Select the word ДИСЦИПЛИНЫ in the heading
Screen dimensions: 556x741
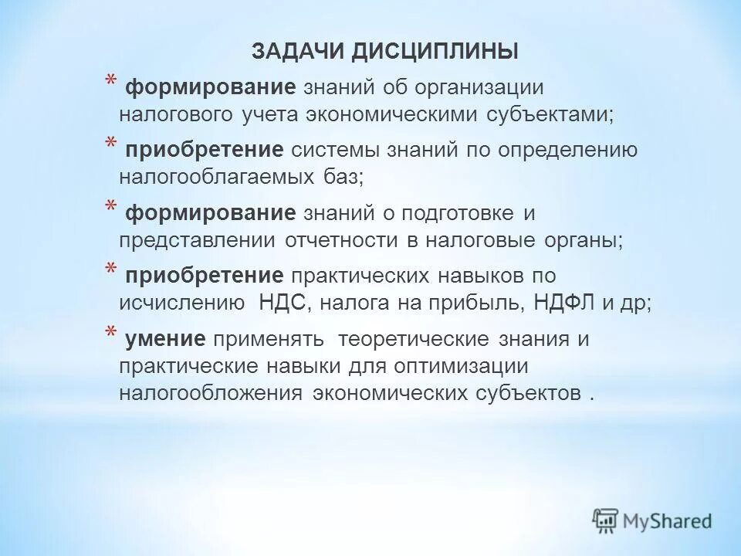pos(436,52)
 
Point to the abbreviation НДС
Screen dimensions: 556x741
pos(284,303)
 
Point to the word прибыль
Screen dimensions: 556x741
pos(476,303)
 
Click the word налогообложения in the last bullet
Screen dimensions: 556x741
pos(210,392)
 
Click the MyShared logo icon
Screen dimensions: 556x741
pos(606,520)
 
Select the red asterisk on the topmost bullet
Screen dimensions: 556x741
pos(111,83)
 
